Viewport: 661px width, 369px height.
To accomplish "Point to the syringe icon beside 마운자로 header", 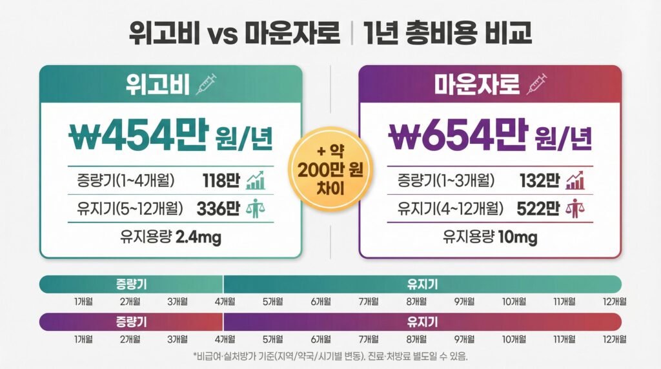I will [537, 85].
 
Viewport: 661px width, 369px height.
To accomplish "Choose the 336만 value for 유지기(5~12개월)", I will [218, 209].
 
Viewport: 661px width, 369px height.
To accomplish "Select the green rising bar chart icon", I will [255, 181].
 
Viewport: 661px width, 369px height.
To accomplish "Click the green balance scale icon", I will [255, 209].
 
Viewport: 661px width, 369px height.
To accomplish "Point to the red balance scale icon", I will [575, 209].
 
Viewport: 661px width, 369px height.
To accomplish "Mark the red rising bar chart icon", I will [575, 181].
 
